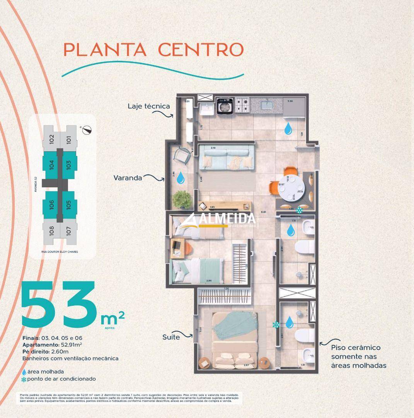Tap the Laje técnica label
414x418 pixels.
[148, 106]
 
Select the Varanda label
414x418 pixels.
[128, 178]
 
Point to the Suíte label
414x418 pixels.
[171, 337]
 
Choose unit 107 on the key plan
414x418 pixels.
[68, 231]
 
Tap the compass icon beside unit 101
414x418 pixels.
[89, 130]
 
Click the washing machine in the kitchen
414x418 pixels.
[224, 106]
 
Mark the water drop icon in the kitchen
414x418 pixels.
[288, 129]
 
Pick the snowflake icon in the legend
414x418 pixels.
[24, 379]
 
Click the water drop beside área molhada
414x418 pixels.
[24, 372]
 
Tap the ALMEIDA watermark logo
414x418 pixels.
[219, 221]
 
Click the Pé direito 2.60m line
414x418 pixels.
[46, 351]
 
